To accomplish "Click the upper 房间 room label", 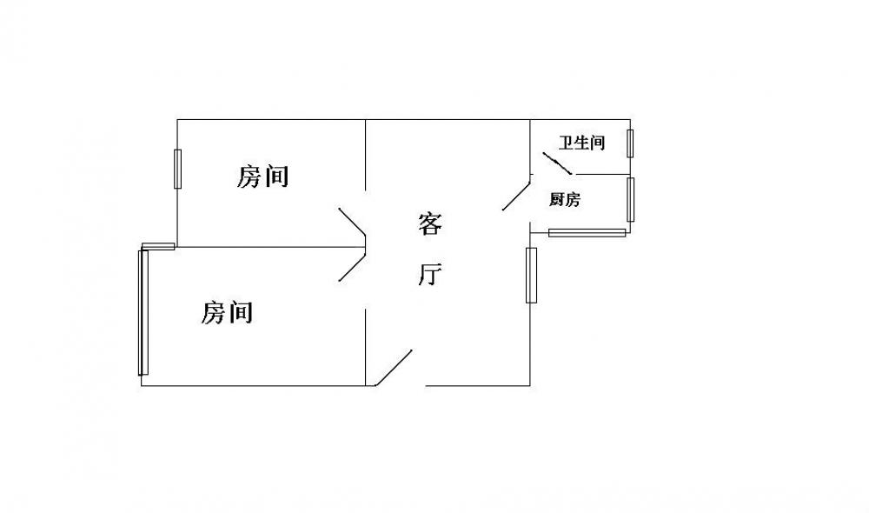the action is pyautogui.click(x=262, y=177).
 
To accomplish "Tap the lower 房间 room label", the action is pyautogui.click(x=226, y=313).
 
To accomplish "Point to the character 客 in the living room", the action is pyautogui.click(x=430, y=224).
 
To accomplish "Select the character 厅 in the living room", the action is pyautogui.click(x=430, y=275).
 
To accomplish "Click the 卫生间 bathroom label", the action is pyautogui.click(x=581, y=143).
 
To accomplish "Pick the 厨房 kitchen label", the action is pyautogui.click(x=565, y=199).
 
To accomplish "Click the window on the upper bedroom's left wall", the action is pyautogui.click(x=177, y=169).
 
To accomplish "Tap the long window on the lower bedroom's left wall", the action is pyautogui.click(x=143, y=312).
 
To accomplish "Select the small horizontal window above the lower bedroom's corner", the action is pyautogui.click(x=158, y=246).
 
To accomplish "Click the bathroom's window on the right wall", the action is pyautogui.click(x=630, y=143).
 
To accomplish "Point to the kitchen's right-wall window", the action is pyautogui.click(x=631, y=200).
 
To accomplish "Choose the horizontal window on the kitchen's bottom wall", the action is pyautogui.click(x=587, y=233).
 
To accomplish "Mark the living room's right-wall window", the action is pyautogui.click(x=531, y=275).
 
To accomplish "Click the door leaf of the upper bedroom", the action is pyautogui.click(x=352, y=221).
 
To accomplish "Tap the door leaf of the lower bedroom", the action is pyautogui.click(x=352, y=267).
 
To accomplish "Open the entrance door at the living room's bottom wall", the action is pyautogui.click(x=394, y=368).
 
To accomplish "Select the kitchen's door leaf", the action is pyautogui.click(x=516, y=193).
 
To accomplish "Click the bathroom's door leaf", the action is pyautogui.click(x=556, y=163).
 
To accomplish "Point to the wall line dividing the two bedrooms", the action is pyautogui.click(x=270, y=247).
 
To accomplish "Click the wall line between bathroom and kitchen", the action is pyautogui.click(x=601, y=174).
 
